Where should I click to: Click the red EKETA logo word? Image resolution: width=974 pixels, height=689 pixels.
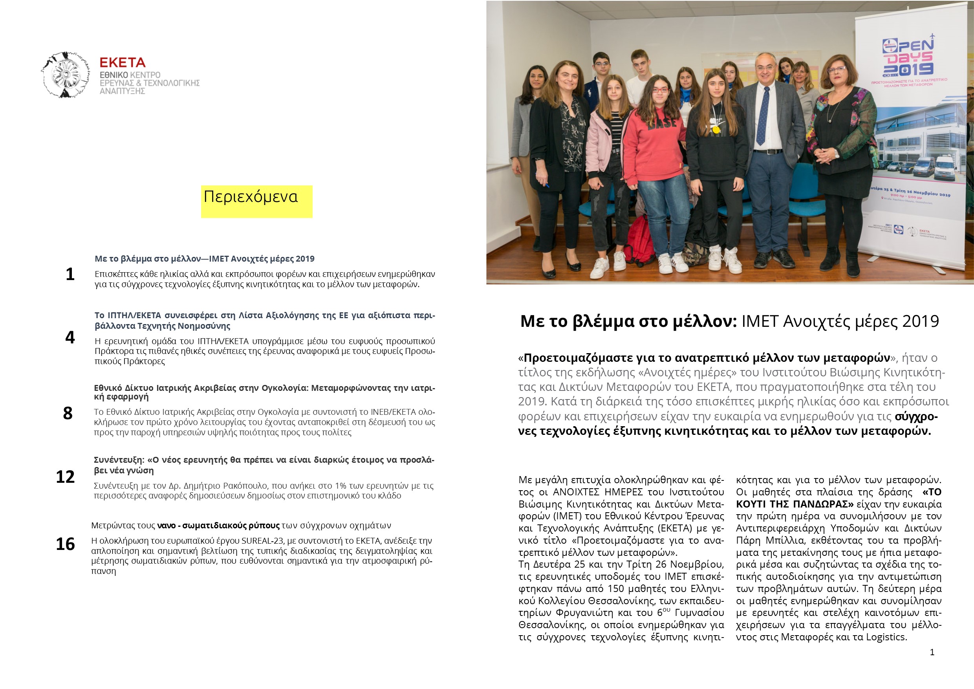(122, 63)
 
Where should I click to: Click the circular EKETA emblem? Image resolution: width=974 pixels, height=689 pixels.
(66, 75)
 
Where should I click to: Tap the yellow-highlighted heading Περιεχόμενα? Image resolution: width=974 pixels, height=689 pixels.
(251, 197)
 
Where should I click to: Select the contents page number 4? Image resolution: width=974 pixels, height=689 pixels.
(70, 338)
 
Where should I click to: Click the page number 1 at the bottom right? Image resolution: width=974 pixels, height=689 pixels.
(932, 652)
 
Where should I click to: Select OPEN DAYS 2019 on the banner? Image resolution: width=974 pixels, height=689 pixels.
(908, 58)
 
